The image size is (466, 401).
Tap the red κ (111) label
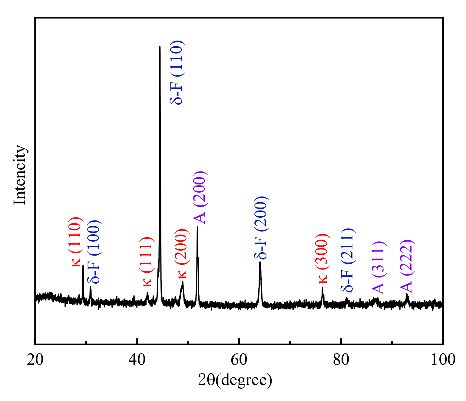click(x=147, y=262)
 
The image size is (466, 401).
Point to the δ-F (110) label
click(x=177, y=72)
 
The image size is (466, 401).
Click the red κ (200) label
click(x=182, y=253)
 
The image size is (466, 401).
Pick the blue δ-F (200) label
click(x=261, y=228)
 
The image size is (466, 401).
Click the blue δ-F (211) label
click(x=347, y=260)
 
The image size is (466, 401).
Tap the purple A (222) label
click(x=406, y=266)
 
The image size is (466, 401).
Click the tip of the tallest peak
click(x=160, y=46)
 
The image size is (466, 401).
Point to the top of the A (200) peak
click(x=197, y=227)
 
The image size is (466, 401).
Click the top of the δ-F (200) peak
click(x=260, y=262)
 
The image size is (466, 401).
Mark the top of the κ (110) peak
click(x=83, y=266)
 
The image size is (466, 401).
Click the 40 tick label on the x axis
click(x=137, y=360)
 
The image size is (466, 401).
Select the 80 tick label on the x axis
click(x=341, y=360)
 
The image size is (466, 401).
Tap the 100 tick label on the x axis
click(x=443, y=360)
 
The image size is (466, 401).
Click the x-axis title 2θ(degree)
click(x=235, y=380)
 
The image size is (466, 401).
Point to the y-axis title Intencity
click(x=20, y=175)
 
